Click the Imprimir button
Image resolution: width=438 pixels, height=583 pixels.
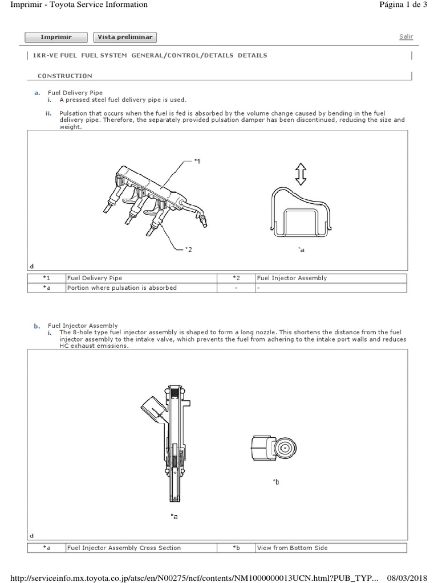pyautogui.click(x=56, y=37)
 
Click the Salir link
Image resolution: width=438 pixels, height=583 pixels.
pyautogui.click(x=406, y=36)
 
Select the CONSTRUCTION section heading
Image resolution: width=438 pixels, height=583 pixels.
pyautogui.click(x=64, y=75)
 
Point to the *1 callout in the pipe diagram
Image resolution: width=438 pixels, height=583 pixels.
pyautogui.click(x=197, y=162)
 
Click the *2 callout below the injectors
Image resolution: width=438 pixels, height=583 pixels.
pyautogui.click(x=189, y=249)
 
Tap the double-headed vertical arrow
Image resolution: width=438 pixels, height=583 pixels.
pyautogui.click(x=301, y=174)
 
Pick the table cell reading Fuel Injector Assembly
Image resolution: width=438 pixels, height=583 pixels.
pyautogui.click(x=291, y=278)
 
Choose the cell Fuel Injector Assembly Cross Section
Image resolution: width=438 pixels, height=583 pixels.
pyautogui.click(x=124, y=548)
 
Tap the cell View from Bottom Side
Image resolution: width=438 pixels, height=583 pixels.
pyautogui.click(x=293, y=548)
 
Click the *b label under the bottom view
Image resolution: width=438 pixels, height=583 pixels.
pyautogui.click(x=277, y=482)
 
